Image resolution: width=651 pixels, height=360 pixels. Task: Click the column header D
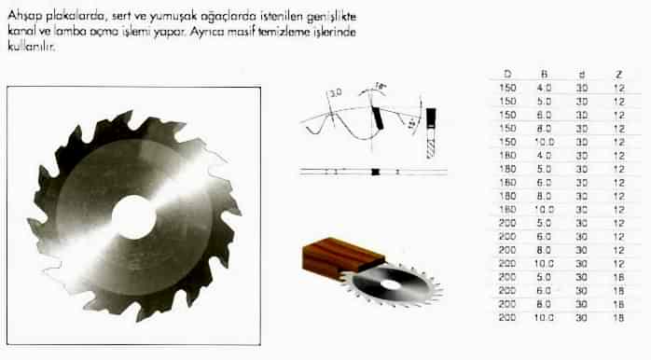pos(506,73)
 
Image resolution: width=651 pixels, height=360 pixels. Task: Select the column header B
pos(544,73)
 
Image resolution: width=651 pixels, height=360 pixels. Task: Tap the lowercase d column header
pos(580,73)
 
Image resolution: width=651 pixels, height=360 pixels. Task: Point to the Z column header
pos(618,73)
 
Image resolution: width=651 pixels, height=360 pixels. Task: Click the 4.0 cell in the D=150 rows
pos(544,87)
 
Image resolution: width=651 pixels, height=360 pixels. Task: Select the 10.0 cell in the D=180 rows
pos(544,210)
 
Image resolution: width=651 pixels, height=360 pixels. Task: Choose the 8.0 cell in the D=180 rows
pos(544,197)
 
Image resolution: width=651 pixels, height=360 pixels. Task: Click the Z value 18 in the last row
pos(618,318)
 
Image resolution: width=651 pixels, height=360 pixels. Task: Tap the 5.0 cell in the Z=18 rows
pos(544,277)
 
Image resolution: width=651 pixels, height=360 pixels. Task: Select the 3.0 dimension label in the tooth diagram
pos(337,93)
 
